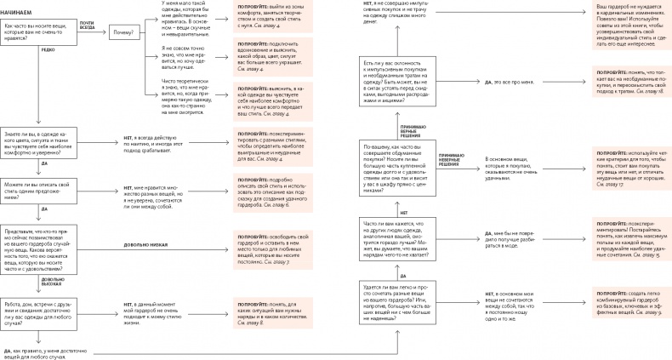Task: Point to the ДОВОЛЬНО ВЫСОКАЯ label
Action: tap(52, 281)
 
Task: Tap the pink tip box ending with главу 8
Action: tap(260, 311)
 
